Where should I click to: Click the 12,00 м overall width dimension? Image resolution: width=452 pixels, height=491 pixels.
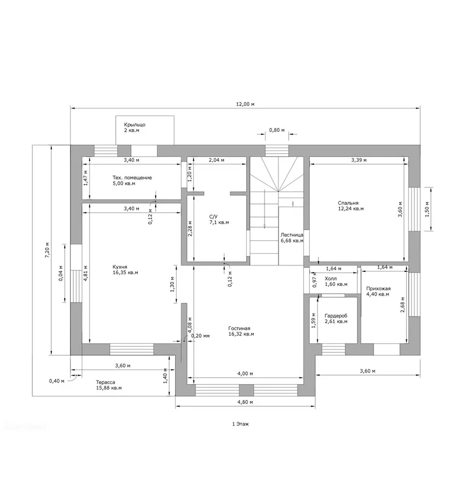click(245, 104)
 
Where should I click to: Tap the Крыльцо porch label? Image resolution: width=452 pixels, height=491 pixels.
click(135, 125)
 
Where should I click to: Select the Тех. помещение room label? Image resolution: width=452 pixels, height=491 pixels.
click(132, 178)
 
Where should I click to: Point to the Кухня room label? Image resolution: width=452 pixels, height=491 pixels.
click(120, 267)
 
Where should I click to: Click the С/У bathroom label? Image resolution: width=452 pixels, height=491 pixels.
click(213, 217)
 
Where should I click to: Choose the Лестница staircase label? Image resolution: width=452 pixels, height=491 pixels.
click(291, 235)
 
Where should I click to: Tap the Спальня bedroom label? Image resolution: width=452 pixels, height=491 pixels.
click(348, 203)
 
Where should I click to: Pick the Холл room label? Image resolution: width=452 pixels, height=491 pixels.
click(331, 279)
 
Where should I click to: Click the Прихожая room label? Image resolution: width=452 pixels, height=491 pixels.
click(378, 289)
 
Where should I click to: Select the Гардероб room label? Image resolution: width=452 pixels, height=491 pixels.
click(336, 316)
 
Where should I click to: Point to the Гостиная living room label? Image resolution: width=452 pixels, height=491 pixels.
click(239, 329)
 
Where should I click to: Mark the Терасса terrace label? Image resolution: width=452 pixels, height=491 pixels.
click(106, 383)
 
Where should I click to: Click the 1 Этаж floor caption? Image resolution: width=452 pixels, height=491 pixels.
click(240, 424)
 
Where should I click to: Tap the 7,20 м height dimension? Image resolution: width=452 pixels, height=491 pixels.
click(47, 250)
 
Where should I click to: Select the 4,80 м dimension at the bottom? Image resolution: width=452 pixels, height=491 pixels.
click(245, 402)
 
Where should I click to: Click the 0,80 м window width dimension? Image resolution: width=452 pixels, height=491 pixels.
click(277, 130)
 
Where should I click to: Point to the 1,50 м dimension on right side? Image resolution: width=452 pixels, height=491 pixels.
click(427, 209)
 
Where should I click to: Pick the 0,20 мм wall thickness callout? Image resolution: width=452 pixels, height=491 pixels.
click(200, 336)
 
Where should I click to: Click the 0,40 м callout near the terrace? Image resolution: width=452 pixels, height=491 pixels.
click(57, 381)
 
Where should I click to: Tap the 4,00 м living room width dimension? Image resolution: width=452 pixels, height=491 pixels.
click(245, 373)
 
